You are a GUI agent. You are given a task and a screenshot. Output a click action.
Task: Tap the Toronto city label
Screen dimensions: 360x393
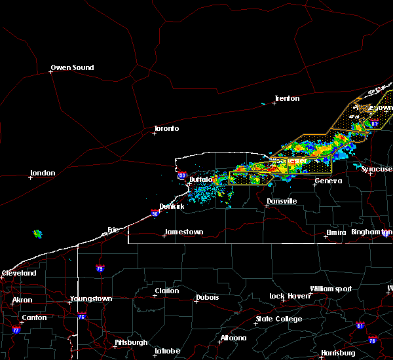pos(166,128)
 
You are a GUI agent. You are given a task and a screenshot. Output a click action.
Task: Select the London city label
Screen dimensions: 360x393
pos(43,173)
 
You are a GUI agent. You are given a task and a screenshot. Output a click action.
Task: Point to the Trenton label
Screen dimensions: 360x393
pos(287,98)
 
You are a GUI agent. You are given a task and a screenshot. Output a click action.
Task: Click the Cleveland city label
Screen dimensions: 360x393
pos(18,273)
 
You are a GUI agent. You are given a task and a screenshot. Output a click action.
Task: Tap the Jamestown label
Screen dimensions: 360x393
pos(183,232)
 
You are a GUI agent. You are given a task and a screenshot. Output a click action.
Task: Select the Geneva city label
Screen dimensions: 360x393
pos(329,181)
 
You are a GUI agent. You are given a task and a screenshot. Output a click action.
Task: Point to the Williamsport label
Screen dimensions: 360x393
pos(331,289)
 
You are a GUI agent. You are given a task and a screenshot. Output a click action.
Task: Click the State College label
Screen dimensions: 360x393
pos(279,319)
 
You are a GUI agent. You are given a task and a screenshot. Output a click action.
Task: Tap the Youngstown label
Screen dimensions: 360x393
pos(91,299)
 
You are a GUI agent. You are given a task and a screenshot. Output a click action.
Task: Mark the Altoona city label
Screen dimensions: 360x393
pos(233,338)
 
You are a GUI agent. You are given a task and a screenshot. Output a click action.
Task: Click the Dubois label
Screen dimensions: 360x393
pos(208,298)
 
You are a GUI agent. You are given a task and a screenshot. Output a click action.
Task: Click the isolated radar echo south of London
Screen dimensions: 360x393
pos(37,234)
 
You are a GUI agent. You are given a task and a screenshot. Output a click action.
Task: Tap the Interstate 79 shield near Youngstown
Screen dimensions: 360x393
pos(100,268)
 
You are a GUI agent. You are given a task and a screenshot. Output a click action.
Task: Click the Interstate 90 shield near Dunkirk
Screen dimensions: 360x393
pos(154,213)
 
